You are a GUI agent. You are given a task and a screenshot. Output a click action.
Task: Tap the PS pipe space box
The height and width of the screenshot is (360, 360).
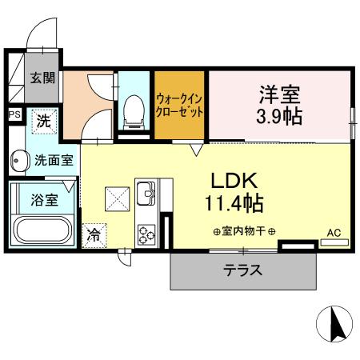[14, 114]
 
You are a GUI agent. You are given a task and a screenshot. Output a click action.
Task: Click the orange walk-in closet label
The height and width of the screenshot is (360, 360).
[180, 105]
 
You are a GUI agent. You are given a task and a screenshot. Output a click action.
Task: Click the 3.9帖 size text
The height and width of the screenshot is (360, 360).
[278, 116]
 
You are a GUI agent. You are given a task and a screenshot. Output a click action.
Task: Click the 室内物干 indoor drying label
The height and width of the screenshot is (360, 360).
[245, 232]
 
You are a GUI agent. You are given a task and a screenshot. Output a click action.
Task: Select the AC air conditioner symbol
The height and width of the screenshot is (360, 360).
[334, 234]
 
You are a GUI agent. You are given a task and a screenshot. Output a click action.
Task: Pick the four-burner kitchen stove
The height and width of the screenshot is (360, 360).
[148, 234]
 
